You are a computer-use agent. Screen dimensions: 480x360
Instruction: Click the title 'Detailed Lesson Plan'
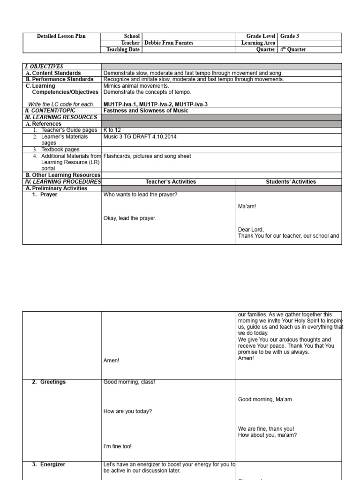pyautogui.click(x=61, y=36)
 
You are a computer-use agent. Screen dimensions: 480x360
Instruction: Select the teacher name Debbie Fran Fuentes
pyautogui.click(x=169, y=43)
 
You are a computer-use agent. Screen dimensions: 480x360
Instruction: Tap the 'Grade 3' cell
pyautogui.click(x=290, y=36)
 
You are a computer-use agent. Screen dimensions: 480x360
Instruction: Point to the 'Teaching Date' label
pyautogui.click(x=123, y=50)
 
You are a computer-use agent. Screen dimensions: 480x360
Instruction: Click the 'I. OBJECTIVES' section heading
pyautogui.click(x=45, y=67)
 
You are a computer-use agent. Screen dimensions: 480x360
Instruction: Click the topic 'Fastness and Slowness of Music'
pyautogui.click(x=146, y=111)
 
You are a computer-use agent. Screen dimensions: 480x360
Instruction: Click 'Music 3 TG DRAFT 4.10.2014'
pyautogui.click(x=140, y=136)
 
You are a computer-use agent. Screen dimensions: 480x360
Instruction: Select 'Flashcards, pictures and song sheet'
pyautogui.click(x=147, y=156)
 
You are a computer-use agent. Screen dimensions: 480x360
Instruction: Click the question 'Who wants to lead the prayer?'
pyautogui.click(x=140, y=195)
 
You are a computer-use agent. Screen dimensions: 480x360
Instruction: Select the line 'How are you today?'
pyautogui.click(x=127, y=411)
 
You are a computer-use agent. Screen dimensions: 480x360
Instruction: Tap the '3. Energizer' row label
pyautogui.click(x=49, y=465)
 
